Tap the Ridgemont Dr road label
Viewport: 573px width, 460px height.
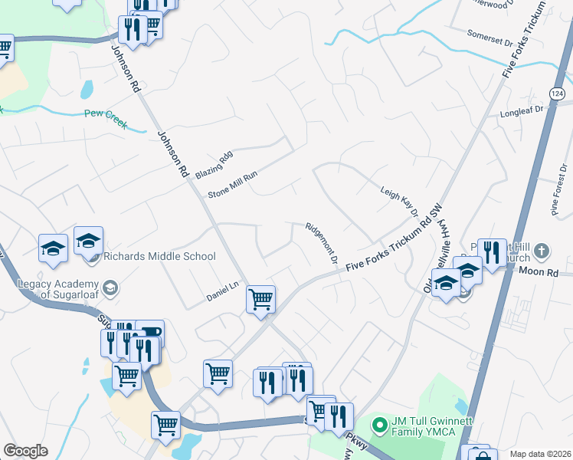point(322,243)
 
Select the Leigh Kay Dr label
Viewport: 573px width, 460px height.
point(399,201)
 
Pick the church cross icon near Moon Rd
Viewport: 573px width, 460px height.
point(541,251)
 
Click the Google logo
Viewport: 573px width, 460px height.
point(25,451)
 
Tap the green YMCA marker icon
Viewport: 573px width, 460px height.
point(378,423)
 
